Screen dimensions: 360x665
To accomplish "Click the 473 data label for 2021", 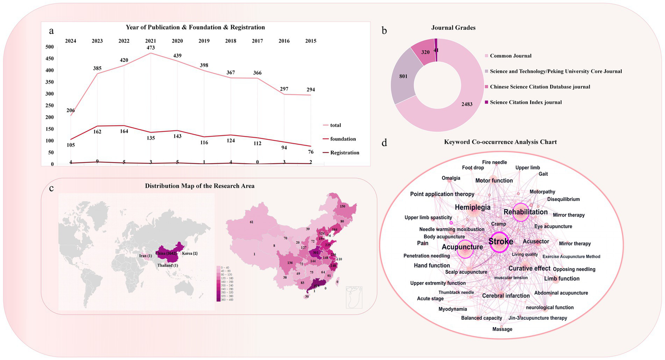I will tap(150, 48).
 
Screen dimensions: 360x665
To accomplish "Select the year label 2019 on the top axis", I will tap(204, 41).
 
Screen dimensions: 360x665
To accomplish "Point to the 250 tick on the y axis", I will tap(49, 106).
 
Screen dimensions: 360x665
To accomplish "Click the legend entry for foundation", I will tap(343, 139).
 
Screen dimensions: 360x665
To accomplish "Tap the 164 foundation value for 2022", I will tap(124, 131).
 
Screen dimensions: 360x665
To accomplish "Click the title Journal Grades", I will tap(453, 28).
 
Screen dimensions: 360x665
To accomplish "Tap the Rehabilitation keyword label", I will tap(526, 212).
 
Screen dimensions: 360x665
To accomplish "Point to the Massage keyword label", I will tap(502, 329).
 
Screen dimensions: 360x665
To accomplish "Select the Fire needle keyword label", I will tap(494, 162).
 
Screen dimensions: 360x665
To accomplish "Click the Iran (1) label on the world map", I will tap(146, 256).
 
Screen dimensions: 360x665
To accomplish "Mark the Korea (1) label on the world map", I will tap(190, 253).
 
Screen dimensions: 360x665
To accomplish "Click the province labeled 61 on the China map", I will tap(251, 222).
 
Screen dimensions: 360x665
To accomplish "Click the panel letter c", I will tap(52, 188).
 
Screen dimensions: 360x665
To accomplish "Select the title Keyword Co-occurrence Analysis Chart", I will tap(500, 142).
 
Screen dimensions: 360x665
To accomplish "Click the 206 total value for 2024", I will tap(71, 110).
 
